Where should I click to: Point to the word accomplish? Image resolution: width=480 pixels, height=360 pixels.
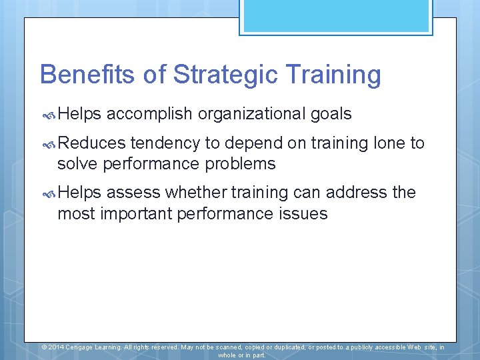click(150, 114)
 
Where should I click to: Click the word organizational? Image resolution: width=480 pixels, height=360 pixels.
click(252, 114)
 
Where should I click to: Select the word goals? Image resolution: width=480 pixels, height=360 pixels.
click(331, 114)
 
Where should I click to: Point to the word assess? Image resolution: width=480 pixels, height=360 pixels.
click(133, 193)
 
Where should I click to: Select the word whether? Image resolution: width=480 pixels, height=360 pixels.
click(195, 193)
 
